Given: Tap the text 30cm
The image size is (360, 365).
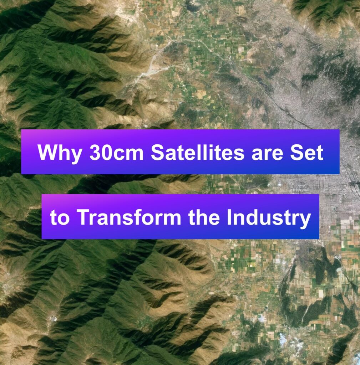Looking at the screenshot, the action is [117, 153].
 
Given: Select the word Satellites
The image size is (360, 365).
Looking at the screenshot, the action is [198, 153].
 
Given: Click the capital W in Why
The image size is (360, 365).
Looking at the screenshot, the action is [47, 153].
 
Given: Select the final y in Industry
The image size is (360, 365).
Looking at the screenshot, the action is [305, 221].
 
